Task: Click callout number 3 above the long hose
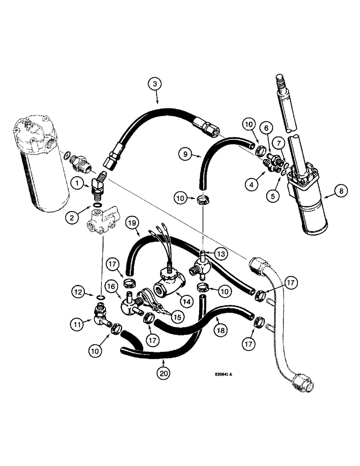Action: [156, 85]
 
